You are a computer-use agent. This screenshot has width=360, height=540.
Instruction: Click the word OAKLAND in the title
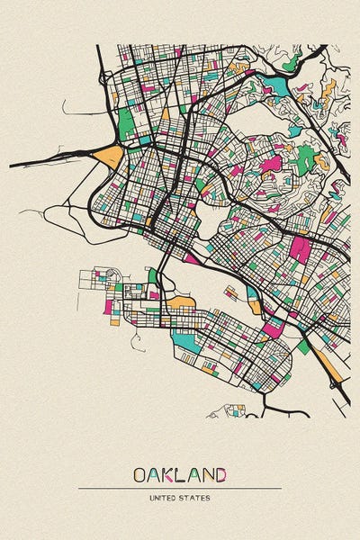[x=180, y=473]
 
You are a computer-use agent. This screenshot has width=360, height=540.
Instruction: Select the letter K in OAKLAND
[x=169, y=473]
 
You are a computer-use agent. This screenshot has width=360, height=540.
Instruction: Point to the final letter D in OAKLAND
[x=220, y=473]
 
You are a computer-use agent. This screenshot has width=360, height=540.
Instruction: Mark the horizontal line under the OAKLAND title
[x=180, y=488]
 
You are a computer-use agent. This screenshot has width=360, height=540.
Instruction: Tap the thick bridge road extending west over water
[x=45, y=163]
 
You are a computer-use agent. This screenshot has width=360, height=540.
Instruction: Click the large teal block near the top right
[x=275, y=86]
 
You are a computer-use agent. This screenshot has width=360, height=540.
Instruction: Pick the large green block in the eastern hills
[x=306, y=159]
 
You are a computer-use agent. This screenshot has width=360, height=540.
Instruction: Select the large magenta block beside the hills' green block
[x=271, y=164]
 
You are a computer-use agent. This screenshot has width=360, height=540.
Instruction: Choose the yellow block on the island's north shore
[x=181, y=301]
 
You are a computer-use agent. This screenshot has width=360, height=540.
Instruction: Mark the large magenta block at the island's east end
[x=272, y=328]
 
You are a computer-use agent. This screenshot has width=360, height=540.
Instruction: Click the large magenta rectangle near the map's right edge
[x=300, y=249]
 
